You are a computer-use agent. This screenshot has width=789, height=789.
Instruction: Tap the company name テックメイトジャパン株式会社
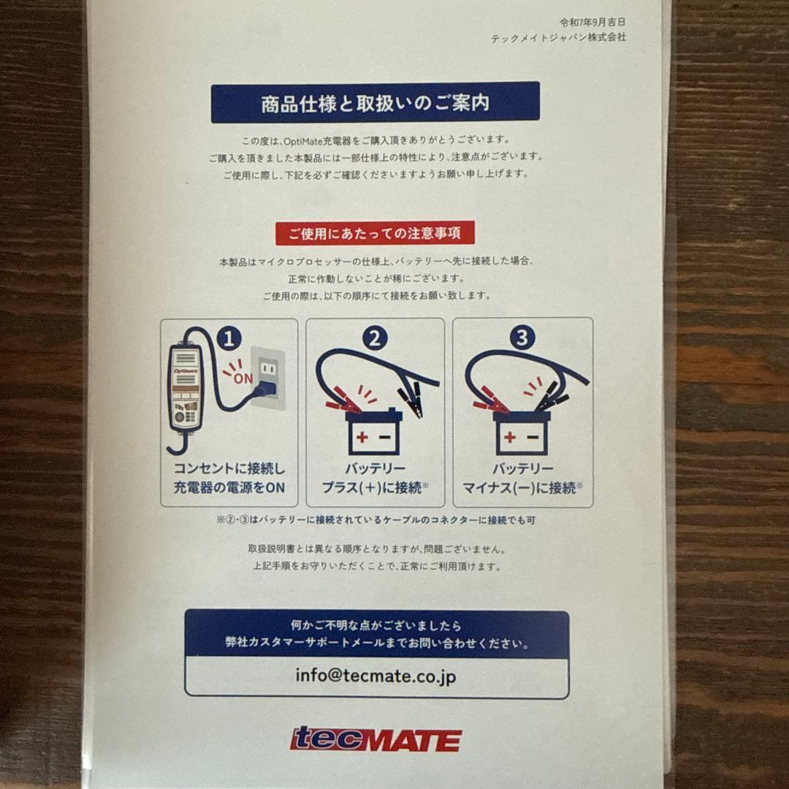point(558,37)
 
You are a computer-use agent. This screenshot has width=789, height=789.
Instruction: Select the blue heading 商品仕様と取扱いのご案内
point(375,103)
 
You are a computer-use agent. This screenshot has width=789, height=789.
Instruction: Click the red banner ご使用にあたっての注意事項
point(375,234)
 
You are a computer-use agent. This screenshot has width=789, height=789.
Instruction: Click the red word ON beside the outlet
point(243,378)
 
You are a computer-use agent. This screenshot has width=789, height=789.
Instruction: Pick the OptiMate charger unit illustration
point(185,391)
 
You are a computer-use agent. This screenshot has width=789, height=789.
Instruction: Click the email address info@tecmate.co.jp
point(376,676)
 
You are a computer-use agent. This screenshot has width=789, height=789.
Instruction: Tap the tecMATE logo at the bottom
point(376,739)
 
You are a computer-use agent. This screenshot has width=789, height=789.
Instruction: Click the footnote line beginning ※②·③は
point(376,521)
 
